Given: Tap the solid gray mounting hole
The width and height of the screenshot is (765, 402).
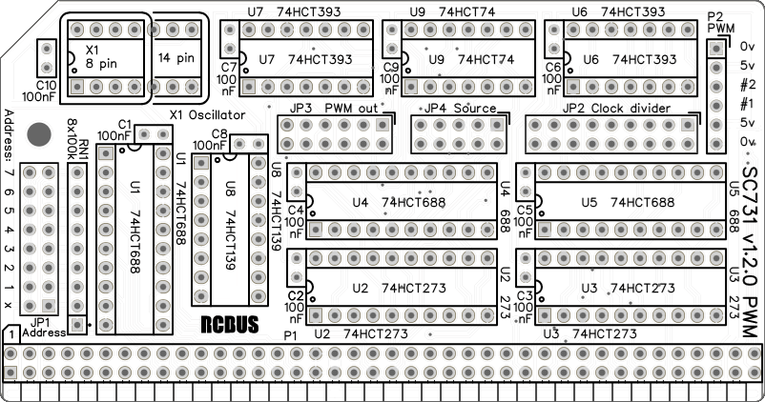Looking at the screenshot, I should [x=40, y=134].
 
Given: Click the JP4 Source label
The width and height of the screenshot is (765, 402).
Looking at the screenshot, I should [x=462, y=109].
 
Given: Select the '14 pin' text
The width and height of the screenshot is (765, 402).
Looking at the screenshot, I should [x=176, y=58].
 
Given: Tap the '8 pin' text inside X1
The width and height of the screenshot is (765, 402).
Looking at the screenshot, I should [x=95, y=66].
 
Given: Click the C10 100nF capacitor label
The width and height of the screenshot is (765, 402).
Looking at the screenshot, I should [x=38, y=90].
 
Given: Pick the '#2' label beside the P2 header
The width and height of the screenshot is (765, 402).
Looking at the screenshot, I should [x=748, y=84].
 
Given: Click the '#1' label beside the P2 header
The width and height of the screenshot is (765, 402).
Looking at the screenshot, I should [x=748, y=103].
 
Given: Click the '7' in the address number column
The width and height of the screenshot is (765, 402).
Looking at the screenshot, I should [x=9, y=173].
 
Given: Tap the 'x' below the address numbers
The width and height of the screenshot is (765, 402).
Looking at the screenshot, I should [x=9, y=305].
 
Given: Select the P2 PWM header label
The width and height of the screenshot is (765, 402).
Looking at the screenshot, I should [x=719, y=22].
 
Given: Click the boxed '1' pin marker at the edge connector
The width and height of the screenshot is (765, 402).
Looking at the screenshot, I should [x=9, y=335].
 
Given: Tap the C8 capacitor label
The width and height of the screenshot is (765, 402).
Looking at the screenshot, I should [x=219, y=133].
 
